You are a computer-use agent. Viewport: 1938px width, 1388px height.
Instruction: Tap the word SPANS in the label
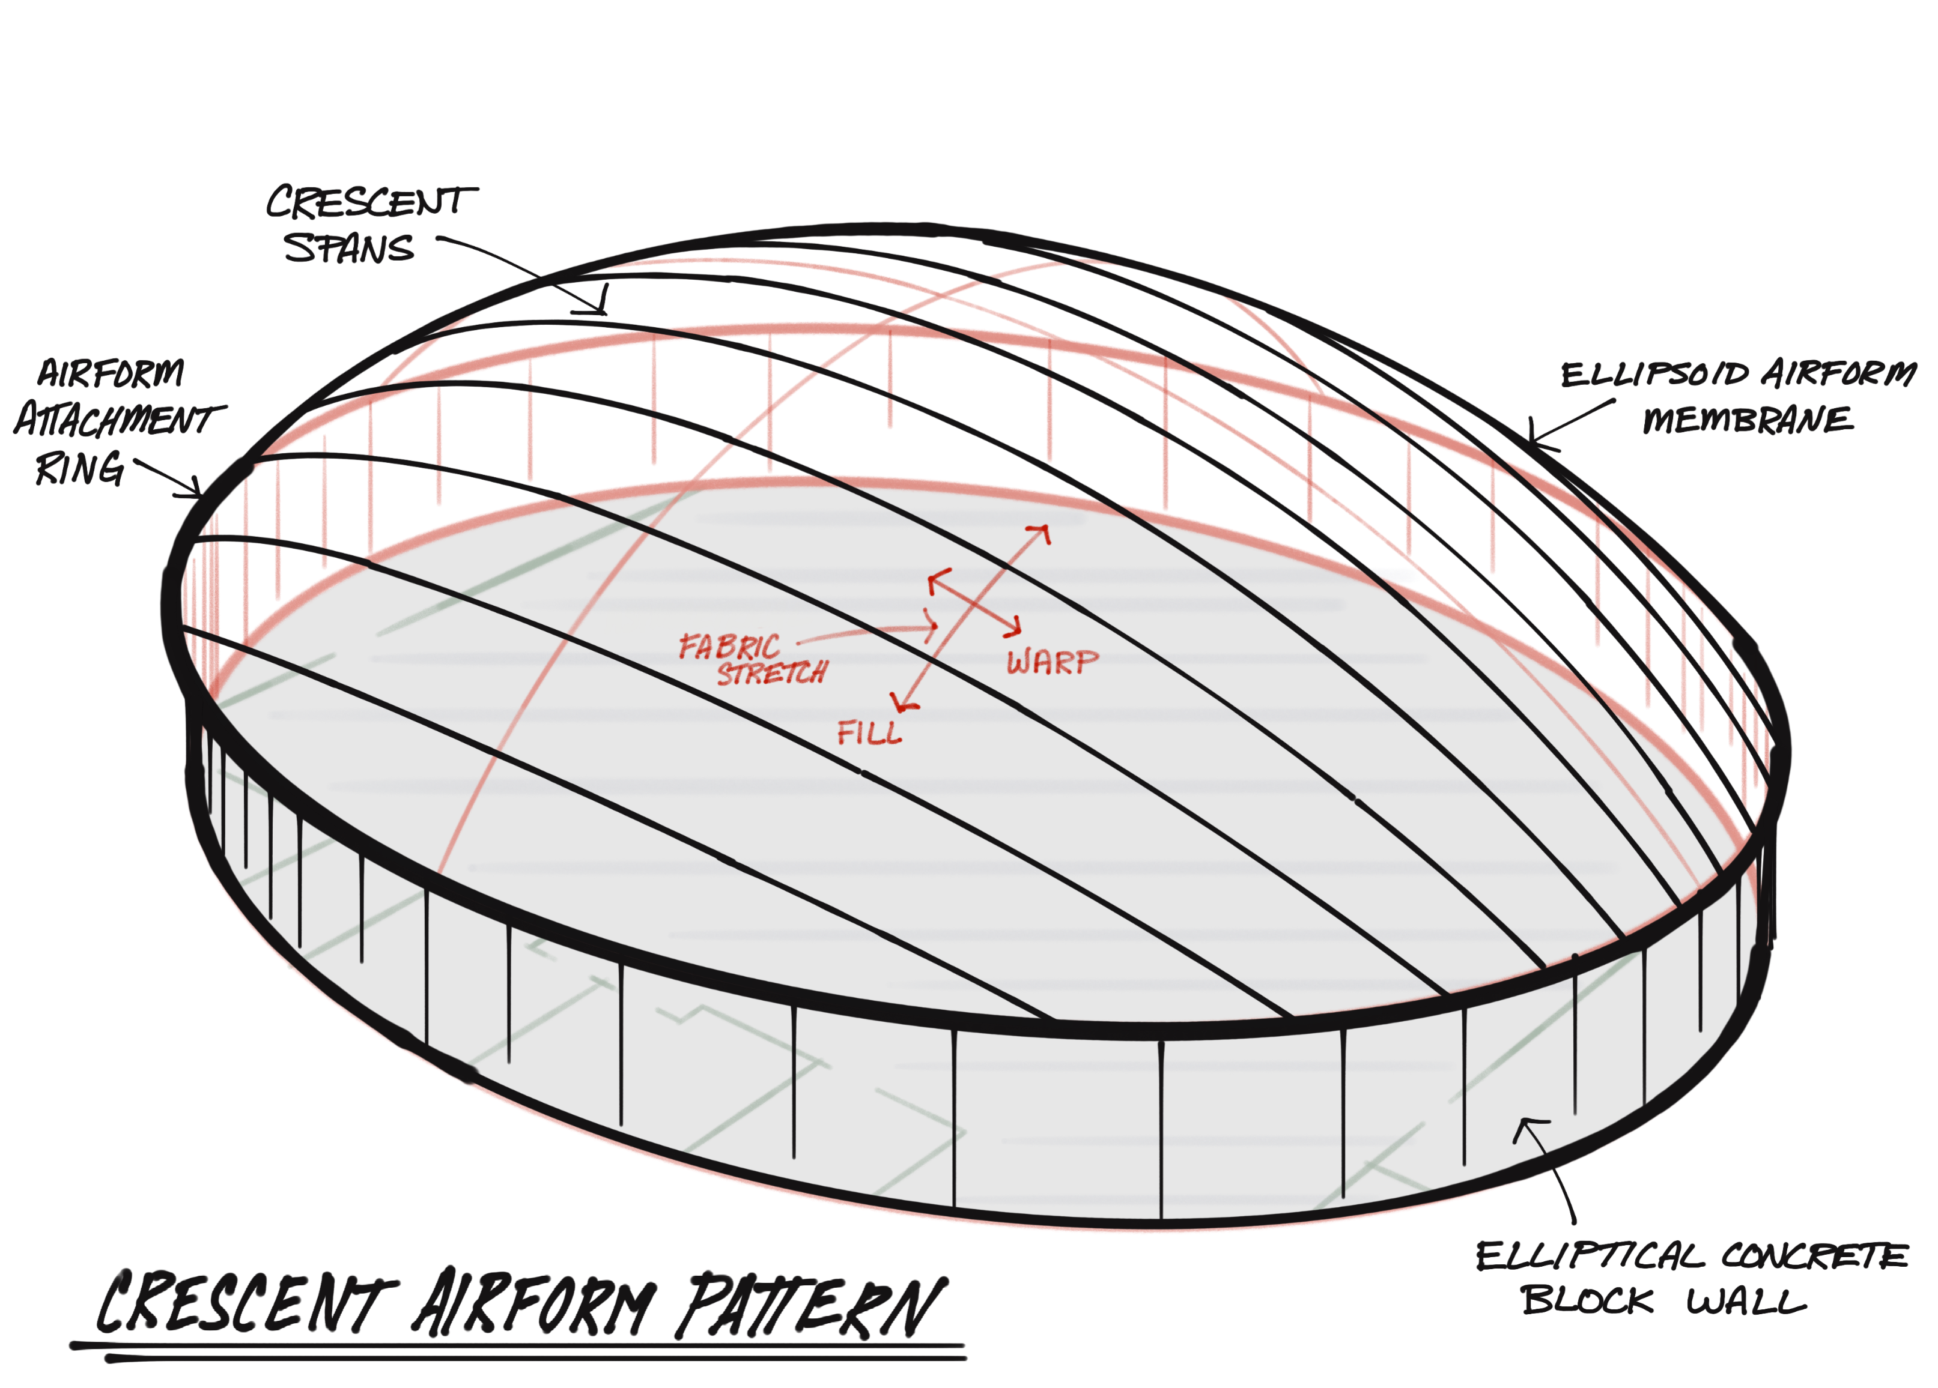pos(348,249)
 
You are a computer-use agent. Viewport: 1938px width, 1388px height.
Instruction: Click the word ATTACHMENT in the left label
pos(120,420)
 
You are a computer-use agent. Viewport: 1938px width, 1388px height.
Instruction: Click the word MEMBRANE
pos(1748,420)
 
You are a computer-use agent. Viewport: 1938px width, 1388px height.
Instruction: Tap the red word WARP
pos(1052,662)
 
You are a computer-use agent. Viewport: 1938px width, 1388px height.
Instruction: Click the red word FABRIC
pos(729,647)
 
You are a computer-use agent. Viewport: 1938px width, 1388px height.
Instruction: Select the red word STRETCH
pos(771,673)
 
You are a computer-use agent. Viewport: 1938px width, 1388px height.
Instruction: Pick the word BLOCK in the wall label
pos(1587,1302)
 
